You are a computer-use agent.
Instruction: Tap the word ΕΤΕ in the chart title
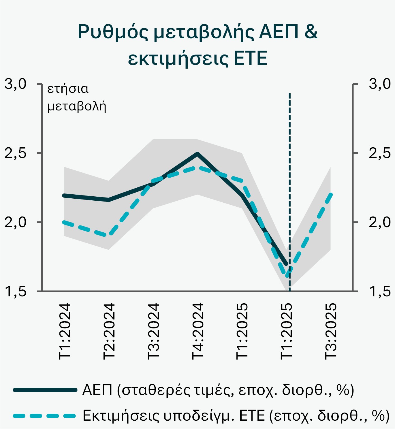click(x=250, y=58)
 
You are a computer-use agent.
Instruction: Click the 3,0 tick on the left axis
click(x=16, y=84)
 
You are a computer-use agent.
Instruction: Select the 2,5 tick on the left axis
click(x=16, y=153)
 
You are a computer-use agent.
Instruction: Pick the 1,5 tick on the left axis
click(x=16, y=291)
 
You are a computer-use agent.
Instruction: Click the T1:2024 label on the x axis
click(x=65, y=331)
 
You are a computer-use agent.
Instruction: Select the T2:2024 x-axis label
click(x=109, y=331)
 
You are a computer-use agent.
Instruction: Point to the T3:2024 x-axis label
click(x=153, y=331)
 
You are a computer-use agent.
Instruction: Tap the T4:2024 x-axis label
click(x=198, y=331)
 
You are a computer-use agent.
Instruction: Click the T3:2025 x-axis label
click(x=331, y=331)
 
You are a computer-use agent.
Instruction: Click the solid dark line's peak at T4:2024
click(x=197, y=154)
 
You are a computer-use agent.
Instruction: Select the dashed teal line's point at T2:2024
click(x=109, y=235)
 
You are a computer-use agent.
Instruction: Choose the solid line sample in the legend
click(x=45, y=390)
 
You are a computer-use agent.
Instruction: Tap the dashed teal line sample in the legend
click(x=45, y=416)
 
